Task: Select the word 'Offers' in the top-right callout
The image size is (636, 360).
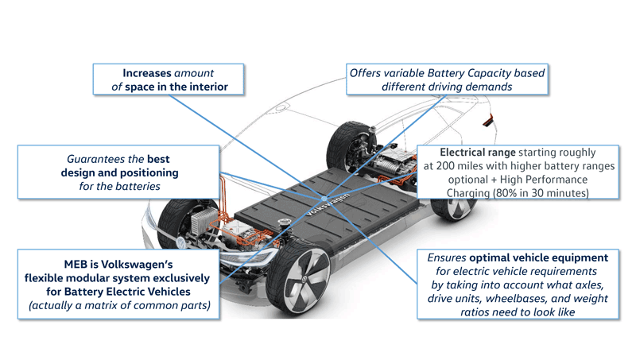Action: [370, 73]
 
